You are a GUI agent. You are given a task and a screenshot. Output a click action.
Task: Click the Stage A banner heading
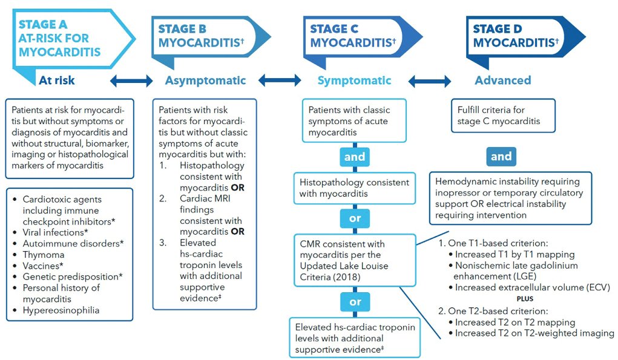point(60,38)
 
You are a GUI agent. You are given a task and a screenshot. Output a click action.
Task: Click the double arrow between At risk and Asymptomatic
point(131,80)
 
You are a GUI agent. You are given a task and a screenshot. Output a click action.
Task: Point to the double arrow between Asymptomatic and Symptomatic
point(280,80)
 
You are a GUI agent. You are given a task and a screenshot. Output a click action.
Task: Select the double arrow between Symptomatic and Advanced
point(430,81)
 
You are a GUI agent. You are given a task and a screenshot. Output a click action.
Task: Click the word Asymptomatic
point(205,80)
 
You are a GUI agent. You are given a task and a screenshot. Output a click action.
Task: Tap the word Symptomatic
point(354,80)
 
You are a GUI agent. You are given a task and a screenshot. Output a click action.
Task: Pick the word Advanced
point(503,80)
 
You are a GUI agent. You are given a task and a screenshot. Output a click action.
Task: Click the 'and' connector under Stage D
point(501,156)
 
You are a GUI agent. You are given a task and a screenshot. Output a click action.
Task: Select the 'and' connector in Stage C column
point(355,157)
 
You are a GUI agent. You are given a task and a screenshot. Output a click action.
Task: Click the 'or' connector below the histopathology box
point(355,218)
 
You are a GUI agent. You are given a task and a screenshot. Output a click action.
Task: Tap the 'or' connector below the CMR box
point(355,302)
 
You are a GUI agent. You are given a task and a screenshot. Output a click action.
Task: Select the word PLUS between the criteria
point(525,298)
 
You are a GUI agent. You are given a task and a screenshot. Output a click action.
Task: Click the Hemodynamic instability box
point(510,198)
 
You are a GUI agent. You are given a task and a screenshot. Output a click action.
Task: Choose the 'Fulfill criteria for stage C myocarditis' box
point(504,116)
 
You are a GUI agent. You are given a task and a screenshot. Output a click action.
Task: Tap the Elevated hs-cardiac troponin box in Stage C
point(355,338)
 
